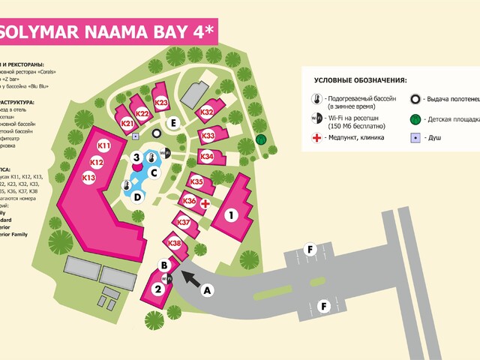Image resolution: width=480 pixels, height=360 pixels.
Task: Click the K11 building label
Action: click(103, 145)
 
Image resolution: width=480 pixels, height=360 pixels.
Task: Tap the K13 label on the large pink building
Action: click(89, 178)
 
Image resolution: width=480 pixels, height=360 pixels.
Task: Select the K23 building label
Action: click(161, 103)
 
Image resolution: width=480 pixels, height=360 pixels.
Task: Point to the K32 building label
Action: click(207, 112)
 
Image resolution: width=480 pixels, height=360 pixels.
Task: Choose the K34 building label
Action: click(207, 156)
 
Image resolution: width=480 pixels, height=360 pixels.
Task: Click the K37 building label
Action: click(184, 222)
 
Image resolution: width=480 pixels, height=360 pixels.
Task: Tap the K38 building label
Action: click(174, 243)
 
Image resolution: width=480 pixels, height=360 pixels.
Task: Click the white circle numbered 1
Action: click(232, 215)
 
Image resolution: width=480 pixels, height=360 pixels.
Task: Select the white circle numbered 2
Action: click(157, 289)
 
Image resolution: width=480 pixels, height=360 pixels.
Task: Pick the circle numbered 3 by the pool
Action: click(136, 157)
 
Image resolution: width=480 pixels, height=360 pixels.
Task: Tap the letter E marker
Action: click(173, 122)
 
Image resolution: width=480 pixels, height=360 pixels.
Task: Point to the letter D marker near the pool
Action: click(137, 197)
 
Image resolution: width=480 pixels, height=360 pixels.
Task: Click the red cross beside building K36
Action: click(204, 203)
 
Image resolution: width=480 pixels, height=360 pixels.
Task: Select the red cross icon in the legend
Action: click(316, 137)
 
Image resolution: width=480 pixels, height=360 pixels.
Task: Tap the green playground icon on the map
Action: click(261, 139)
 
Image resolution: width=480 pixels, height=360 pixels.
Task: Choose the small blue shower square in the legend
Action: click(414, 137)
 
